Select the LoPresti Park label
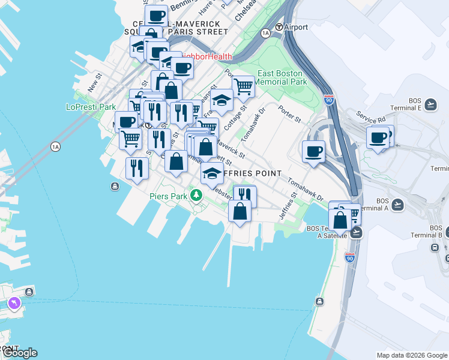click(91, 107)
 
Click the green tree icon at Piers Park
click(196, 196)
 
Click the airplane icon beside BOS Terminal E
click(430, 105)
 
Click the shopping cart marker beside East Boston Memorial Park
click(243, 86)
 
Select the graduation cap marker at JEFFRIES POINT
click(212, 173)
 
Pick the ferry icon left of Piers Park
click(115, 187)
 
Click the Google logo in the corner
click(19, 352)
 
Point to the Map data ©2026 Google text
click(411, 355)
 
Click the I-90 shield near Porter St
click(328, 100)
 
